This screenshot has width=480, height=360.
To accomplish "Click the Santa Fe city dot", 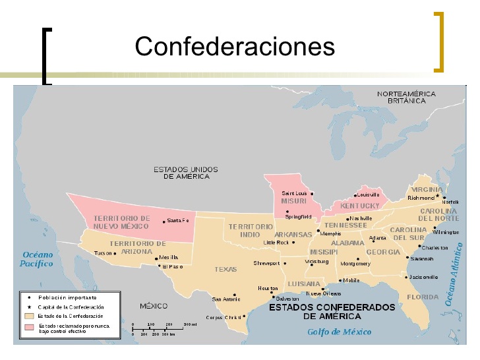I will point(164,222).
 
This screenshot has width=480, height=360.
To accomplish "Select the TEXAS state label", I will point(225,269).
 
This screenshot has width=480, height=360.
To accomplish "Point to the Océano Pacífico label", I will point(38,258).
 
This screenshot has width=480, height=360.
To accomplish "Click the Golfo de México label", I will point(339,332).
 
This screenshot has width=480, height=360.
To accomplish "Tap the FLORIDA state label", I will point(423,297).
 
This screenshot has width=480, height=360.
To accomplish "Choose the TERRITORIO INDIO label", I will point(251,230).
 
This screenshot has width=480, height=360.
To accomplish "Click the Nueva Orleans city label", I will point(323,293).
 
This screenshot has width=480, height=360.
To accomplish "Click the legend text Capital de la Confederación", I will point(71,307).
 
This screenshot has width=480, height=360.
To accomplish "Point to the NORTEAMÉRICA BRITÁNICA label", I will point(406,98).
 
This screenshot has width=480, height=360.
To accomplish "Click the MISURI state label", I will point(293,200).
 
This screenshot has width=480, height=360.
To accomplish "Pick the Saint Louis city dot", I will point(312,194).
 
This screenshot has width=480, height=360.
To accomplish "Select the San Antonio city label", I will point(226,299).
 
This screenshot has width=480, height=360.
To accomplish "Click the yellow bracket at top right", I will point(438,41).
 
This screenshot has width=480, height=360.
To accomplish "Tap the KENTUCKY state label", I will point(361,206).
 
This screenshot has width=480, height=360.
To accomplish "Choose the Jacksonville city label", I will point(423,277).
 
